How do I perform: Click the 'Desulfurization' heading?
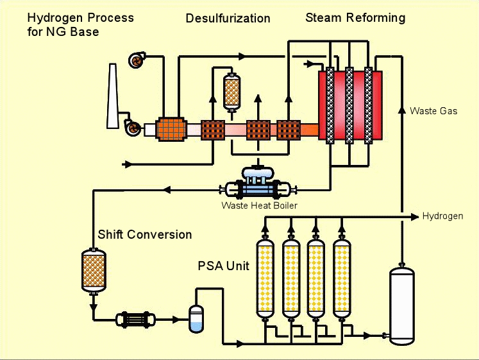[x=228, y=19]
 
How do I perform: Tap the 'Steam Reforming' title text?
[x=355, y=17]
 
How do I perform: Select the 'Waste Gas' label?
[x=433, y=111]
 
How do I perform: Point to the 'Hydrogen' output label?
[x=442, y=216]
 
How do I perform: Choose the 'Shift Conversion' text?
[x=144, y=234]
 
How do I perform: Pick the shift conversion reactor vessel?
[x=94, y=270]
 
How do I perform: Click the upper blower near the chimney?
[x=137, y=60]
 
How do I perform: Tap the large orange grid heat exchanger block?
[x=171, y=130]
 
